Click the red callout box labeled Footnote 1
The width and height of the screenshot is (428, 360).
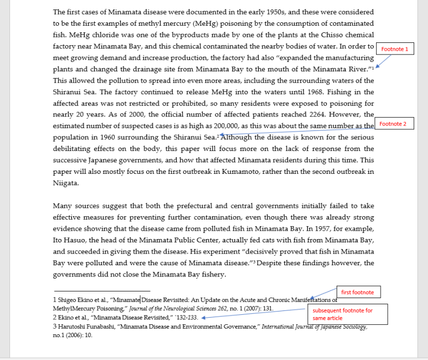click(x=395, y=49)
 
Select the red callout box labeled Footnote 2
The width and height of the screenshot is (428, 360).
click(x=393, y=124)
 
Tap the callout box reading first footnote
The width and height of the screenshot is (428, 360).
click(x=357, y=292)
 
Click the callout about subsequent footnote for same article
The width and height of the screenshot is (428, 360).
click(x=347, y=314)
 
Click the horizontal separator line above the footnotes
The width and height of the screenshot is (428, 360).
click(x=101, y=290)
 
